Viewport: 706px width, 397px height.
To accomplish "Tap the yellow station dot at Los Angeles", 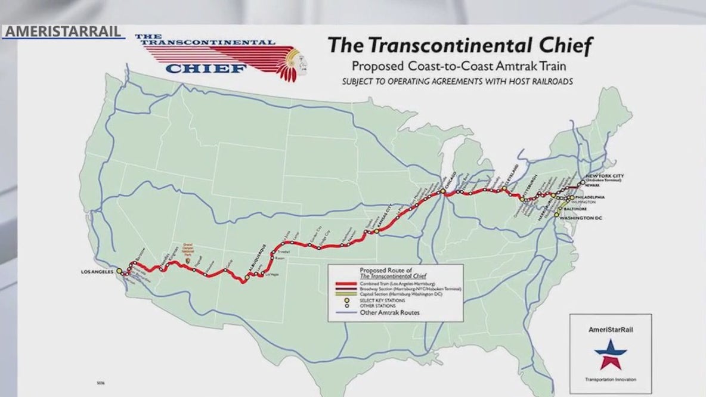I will coord(119,271).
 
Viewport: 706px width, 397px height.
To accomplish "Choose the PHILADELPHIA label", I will coord(590,197).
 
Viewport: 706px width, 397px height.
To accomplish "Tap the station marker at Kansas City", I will coord(377,231).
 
